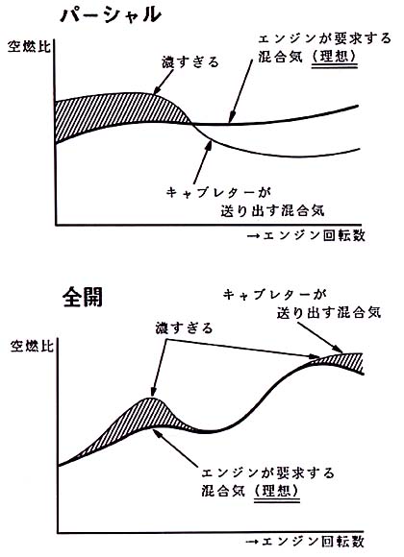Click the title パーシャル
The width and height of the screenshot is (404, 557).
coord(111,15)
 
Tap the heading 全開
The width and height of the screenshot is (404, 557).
coord(83,297)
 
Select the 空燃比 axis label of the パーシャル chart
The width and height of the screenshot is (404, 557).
coord(29,46)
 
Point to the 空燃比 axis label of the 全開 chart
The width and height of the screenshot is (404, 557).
coord(32,346)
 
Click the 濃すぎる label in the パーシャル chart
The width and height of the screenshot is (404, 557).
coord(190,62)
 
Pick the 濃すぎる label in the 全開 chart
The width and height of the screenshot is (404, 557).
coord(184,327)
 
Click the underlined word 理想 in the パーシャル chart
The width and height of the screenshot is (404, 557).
coord(334,57)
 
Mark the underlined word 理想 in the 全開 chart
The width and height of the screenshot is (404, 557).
coord(277,492)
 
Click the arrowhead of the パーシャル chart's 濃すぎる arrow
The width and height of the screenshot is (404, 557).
coord(158,90)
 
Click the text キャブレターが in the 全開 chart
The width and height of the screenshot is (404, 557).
coord(275,295)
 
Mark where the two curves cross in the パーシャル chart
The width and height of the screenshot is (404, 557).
coord(192,124)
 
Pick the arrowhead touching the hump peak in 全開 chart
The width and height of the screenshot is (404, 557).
coord(154,392)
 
